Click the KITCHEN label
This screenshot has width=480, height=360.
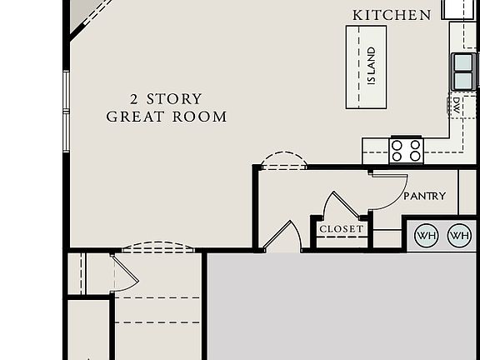392,15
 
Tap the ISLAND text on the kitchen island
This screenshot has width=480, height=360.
372,66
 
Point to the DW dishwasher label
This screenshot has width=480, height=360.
457,106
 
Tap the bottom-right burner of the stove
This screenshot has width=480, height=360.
415,156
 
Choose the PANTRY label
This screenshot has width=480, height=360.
424,196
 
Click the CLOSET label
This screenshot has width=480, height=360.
342,228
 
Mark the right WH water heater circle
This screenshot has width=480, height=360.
459,236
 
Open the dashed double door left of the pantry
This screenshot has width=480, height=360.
283,161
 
